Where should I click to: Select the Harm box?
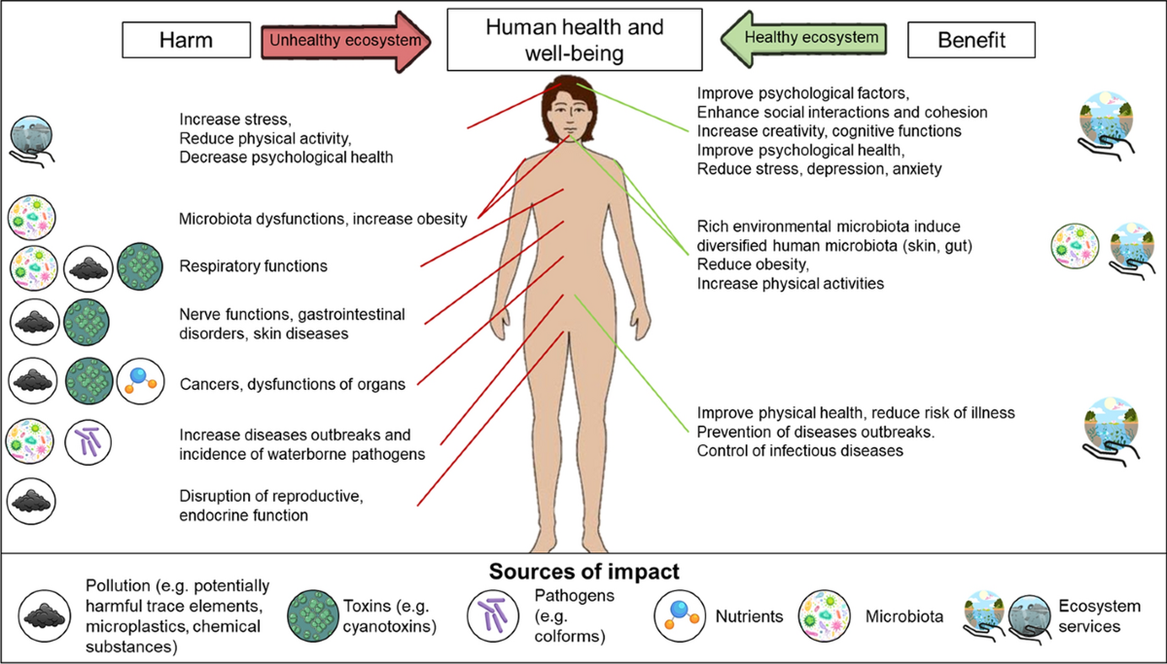click(x=182, y=40)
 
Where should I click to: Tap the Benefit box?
click(x=972, y=40)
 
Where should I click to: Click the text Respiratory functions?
click(x=253, y=265)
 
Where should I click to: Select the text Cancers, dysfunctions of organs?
click(x=292, y=384)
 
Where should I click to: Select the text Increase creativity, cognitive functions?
click(x=829, y=130)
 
